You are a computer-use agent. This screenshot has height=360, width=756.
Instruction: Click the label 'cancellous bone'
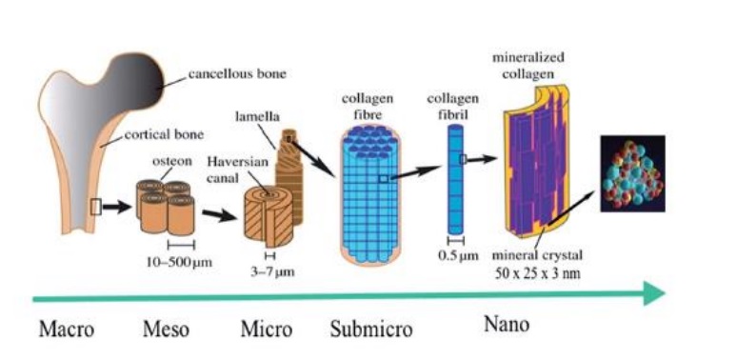click(x=236, y=73)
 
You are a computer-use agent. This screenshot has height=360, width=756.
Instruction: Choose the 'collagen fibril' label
click(x=454, y=107)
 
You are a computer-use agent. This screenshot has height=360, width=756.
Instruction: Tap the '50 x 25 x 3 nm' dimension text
click(x=540, y=274)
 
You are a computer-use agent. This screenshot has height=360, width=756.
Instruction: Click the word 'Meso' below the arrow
click(x=165, y=330)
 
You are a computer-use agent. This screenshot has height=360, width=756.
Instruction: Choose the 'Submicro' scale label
click(x=371, y=330)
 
